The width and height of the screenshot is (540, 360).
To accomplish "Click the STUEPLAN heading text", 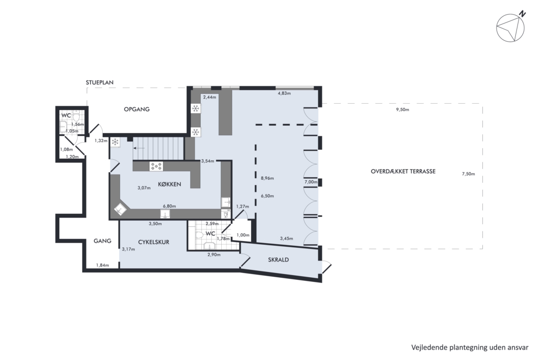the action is click(100, 83).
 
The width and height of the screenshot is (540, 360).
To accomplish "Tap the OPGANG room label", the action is click(137, 109).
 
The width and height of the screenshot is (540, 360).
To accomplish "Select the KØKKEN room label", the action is click(169, 184).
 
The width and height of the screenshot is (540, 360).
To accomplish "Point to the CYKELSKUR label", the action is click(154, 242).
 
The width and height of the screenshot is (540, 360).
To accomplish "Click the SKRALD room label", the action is click(278, 260).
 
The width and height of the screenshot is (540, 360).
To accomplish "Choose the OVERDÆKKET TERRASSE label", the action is click(403, 171).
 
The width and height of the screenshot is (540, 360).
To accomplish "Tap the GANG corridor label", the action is click(102, 241).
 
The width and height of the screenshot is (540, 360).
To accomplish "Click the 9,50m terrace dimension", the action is click(402, 110).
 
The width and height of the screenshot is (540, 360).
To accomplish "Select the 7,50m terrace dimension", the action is click(468, 174).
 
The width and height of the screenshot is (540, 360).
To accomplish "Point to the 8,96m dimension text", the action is click(267, 178).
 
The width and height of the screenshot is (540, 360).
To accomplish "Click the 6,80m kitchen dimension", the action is click(169, 206).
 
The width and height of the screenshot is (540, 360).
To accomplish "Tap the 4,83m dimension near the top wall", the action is click(284, 93).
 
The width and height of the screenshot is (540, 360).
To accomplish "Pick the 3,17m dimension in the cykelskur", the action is click(128, 249).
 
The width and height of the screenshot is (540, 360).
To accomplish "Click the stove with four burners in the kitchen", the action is click(156, 166).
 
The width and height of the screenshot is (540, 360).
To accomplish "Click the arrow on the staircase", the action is click(139, 148).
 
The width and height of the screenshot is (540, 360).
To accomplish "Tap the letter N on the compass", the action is click(523, 14).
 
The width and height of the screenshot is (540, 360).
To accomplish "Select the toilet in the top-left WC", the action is click(76, 117).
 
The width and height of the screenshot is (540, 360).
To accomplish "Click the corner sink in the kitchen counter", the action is click(121, 209).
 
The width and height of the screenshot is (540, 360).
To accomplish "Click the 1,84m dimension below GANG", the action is click(102, 265).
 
